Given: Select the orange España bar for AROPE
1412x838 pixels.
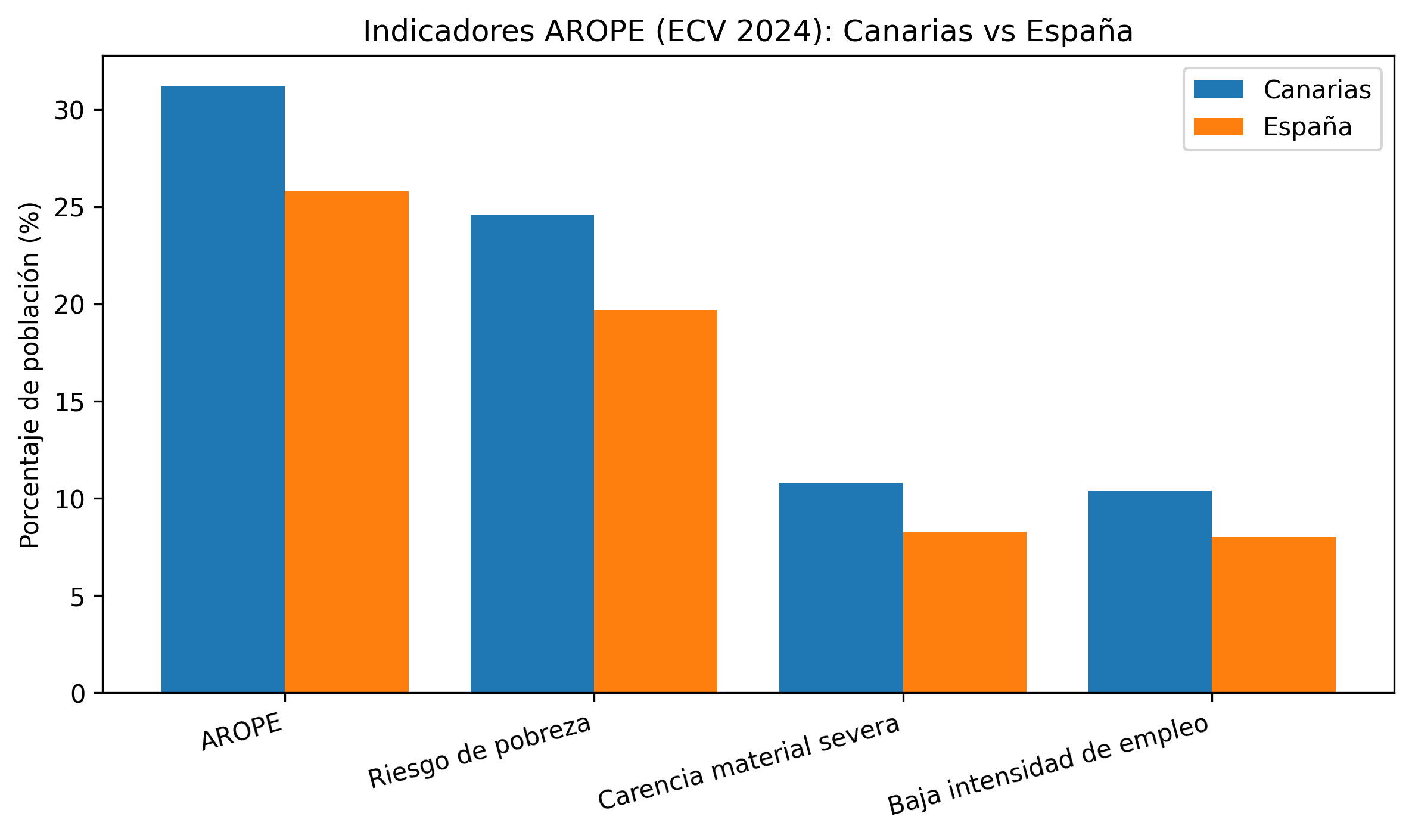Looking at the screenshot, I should point(347,442).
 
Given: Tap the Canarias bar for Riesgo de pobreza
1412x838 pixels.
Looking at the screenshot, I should point(532,453).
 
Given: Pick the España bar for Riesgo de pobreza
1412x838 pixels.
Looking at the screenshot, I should point(655,501).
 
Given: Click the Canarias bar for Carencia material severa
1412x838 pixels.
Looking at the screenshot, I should point(841,587).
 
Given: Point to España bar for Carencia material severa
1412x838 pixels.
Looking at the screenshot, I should point(965,612).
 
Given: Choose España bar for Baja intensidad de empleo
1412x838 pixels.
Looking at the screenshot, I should point(1274,614).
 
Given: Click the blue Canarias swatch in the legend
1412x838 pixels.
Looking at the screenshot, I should point(1218,89).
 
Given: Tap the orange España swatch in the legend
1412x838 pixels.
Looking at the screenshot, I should point(1218,127).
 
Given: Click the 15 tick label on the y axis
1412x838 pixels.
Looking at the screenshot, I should point(70,402).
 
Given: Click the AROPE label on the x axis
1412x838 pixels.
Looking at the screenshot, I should point(241,731).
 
